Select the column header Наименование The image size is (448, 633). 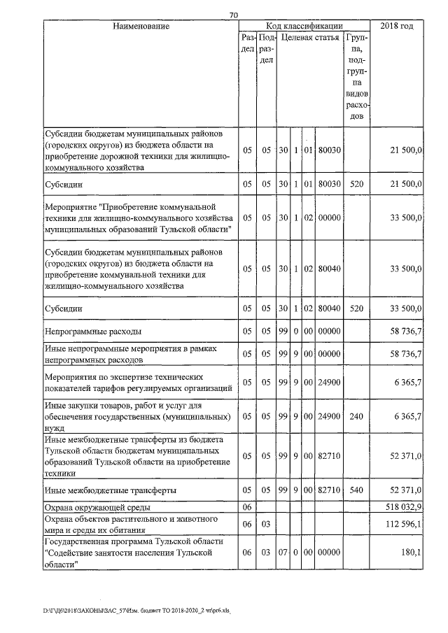coord(140,26)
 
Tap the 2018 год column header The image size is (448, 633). coord(397,26)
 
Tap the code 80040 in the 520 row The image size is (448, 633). coord(329,307)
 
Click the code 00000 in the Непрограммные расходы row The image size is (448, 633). coord(329,332)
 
